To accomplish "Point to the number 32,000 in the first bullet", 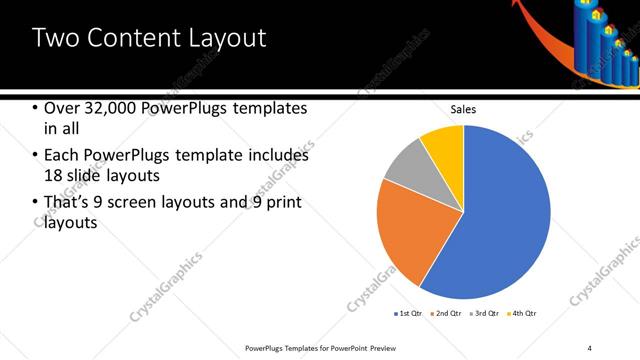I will coord(108,108).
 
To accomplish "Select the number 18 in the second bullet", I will coord(54,175).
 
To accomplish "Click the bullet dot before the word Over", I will coord(34,108).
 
